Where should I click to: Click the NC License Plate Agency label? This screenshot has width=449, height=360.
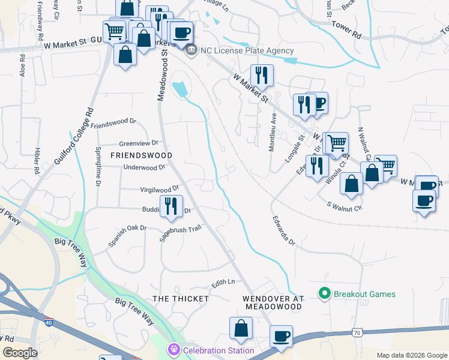tap(247, 51)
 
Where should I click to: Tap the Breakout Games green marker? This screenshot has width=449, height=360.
tap(325, 294)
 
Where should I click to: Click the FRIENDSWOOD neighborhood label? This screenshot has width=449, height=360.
tap(141, 155)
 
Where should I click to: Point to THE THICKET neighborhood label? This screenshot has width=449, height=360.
tap(180, 298)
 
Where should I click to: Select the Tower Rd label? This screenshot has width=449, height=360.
tap(348, 31)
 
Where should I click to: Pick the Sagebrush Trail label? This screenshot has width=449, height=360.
tap(179, 233)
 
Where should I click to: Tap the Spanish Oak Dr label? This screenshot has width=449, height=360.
tap(127, 236)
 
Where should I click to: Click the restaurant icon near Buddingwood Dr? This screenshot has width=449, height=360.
tap(171, 206)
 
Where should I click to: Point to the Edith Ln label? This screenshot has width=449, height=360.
tap(223, 282)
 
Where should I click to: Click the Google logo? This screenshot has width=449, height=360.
tap(20, 353)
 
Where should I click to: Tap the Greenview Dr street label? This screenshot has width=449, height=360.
tap(138, 143)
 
